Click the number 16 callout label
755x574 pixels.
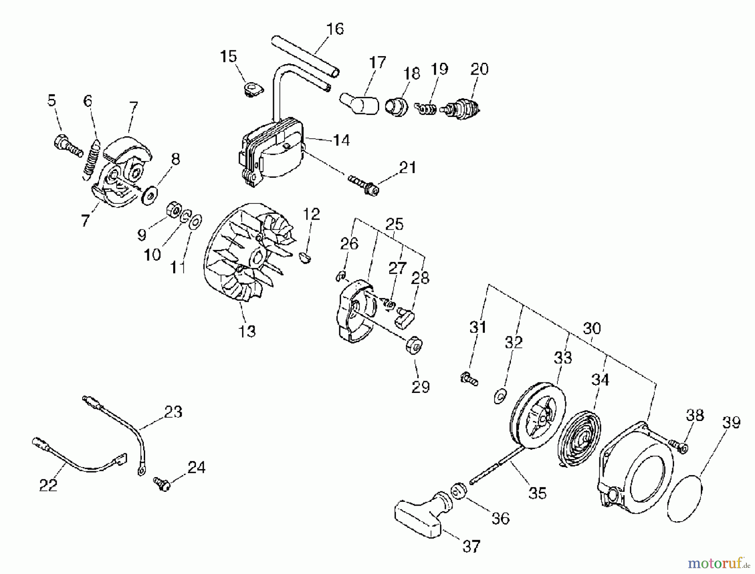(x=335, y=29)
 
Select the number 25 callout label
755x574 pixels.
(x=394, y=224)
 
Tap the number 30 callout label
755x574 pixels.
(x=591, y=328)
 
